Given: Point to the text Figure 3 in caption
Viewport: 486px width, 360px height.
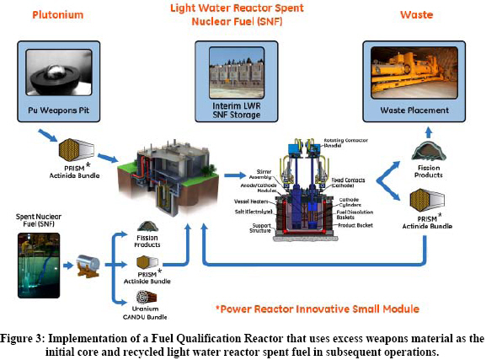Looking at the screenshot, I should click(x=30, y=337).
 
